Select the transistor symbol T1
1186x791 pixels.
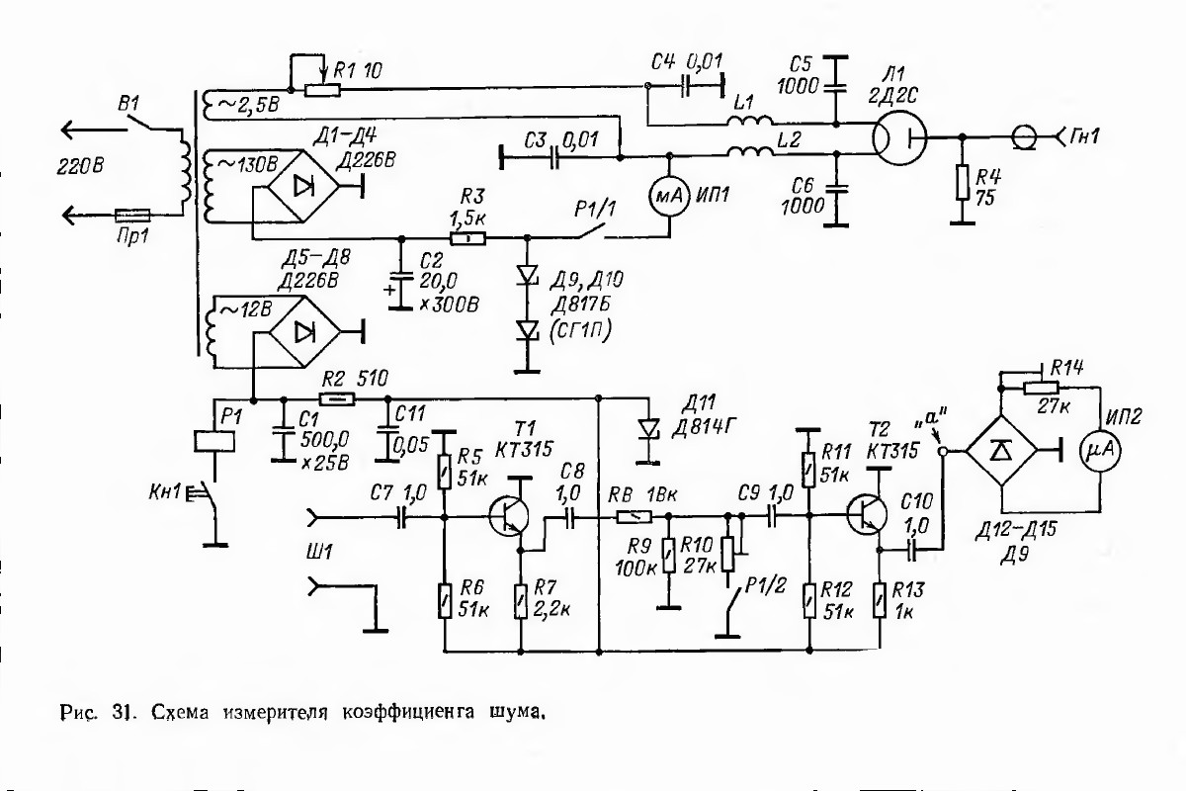click(x=509, y=515)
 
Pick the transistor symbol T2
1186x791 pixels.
click(x=867, y=513)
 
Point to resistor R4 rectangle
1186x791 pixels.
click(x=963, y=182)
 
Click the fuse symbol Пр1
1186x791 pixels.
click(x=132, y=216)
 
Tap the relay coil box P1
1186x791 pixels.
click(x=214, y=442)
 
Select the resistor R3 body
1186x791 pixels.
click(x=468, y=238)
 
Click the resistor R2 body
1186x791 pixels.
click(x=337, y=398)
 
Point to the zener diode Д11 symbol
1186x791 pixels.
click(x=648, y=428)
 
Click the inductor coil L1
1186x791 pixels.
click(x=750, y=122)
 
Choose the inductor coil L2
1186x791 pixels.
click(x=750, y=151)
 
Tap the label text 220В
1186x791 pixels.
click(x=80, y=167)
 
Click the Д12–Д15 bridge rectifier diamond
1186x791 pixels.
click(x=1001, y=450)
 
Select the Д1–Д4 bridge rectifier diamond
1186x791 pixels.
click(x=302, y=187)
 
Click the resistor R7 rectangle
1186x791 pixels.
click(x=521, y=601)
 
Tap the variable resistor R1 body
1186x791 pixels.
click(x=322, y=90)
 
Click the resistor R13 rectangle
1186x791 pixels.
click(x=880, y=600)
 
